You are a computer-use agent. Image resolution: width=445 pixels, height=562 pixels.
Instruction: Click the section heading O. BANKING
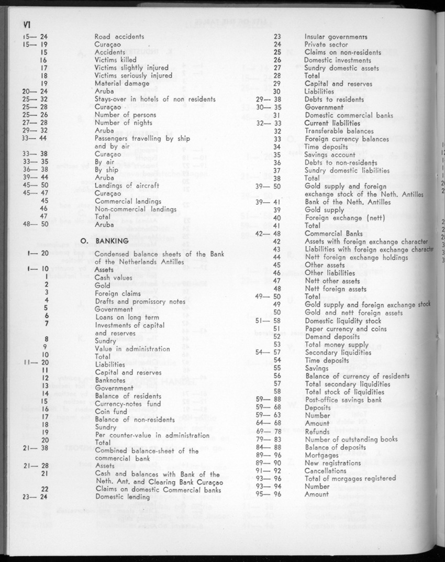(x=105, y=241)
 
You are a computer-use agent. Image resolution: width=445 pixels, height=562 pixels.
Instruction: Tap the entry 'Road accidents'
(x=119, y=37)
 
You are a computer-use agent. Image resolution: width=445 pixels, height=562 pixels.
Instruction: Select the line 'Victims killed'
(x=115, y=60)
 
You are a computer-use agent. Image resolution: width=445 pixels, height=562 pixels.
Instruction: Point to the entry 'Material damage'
(x=122, y=83)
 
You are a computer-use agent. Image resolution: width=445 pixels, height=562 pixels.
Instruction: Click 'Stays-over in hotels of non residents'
(x=155, y=99)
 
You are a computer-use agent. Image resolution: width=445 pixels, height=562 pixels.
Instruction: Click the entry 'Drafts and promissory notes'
(x=140, y=301)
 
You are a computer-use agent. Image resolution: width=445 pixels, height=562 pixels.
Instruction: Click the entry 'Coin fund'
(x=110, y=412)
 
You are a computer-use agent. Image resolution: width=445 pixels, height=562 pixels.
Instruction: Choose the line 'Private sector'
(x=326, y=45)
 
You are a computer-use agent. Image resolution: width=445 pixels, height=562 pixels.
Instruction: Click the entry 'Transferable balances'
(x=339, y=131)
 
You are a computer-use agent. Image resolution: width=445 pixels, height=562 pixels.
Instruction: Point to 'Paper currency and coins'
(x=346, y=329)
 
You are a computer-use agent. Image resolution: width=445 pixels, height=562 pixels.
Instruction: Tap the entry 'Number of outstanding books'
(x=351, y=439)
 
